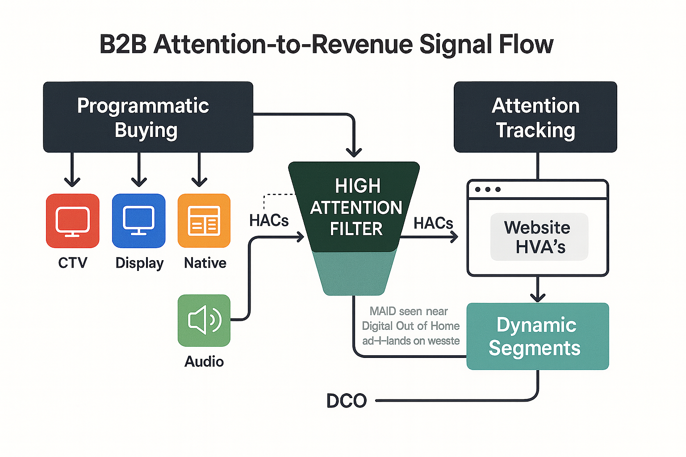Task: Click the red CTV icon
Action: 72,220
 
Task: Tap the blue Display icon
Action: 138,220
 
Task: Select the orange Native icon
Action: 204,220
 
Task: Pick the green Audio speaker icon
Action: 204,320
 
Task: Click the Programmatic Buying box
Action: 148,117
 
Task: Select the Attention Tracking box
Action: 535,117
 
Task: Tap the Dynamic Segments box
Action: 537,337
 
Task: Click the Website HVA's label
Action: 539,237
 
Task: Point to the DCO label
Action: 347,401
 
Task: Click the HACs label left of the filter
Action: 269,220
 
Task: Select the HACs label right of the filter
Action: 433,223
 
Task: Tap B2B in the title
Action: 123,45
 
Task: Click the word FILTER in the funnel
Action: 356,229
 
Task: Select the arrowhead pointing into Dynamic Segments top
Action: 538,297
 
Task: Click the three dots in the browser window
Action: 488,189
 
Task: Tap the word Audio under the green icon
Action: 204,361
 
